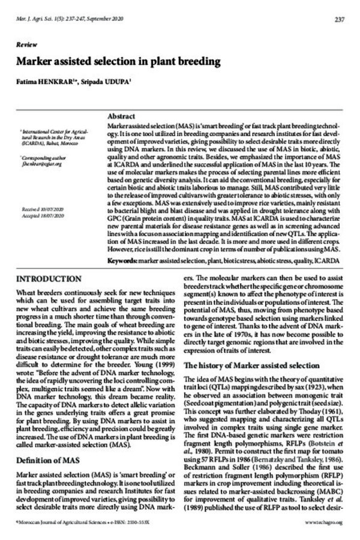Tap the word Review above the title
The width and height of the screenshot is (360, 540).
tap(25, 46)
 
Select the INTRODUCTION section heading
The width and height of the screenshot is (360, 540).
tap(50, 280)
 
